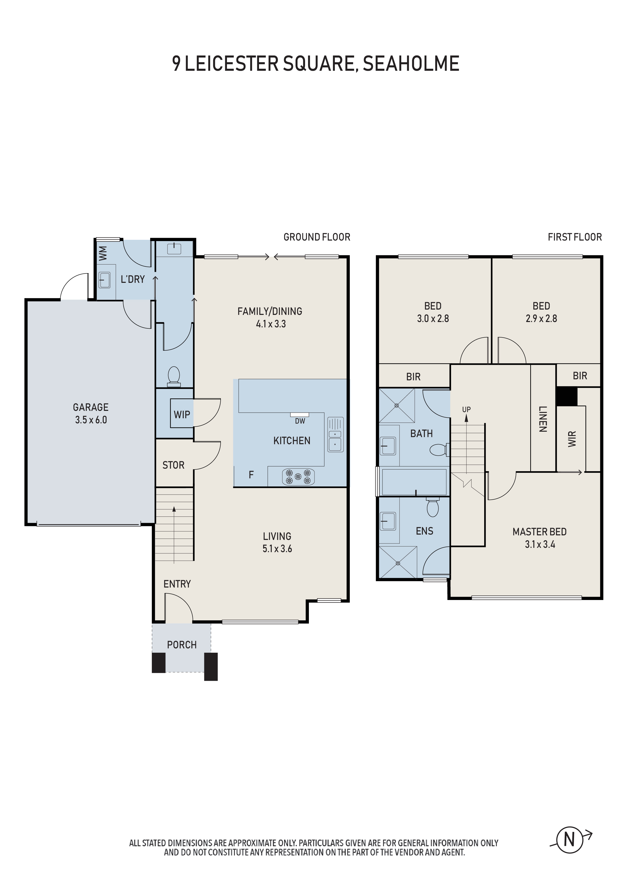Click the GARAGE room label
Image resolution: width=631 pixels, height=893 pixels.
[x=91, y=407]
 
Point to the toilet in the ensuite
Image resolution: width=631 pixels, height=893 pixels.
[x=433, y=507]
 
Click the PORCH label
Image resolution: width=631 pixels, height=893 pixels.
[x=182, y=645]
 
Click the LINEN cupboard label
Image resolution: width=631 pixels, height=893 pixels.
[x=543, y=419]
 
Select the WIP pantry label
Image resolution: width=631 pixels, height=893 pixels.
[x=182, y=415]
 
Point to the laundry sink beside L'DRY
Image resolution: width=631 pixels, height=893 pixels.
[x=104, y=280]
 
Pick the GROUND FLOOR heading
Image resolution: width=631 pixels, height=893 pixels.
[x=317, y=237]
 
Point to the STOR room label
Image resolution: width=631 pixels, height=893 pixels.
[x=174, y=465]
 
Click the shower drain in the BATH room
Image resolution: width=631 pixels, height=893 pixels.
[x=397, y=405]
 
